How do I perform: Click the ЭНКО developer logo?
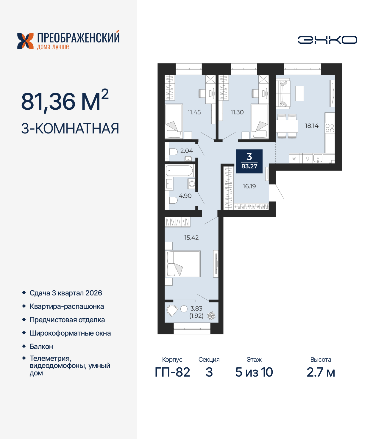pos(327,40)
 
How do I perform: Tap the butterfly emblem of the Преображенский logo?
pos(25,41)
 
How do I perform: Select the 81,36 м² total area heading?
pos(65,100)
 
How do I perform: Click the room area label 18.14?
pos(312,126)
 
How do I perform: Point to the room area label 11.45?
pos(194,112)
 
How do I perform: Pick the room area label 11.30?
pos(237,112)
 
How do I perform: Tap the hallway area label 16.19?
pos(249,186)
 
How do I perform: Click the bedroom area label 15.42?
pos(191,237)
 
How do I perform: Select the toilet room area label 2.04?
pos(187,151)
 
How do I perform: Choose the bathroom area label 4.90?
pos(185,196)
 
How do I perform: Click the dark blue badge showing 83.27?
pos(249,161)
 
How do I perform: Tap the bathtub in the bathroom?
pos(179,171)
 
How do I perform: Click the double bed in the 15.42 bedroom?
pos(183,264)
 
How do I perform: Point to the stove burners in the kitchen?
pos(330,128)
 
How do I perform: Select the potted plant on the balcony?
pos(211,316)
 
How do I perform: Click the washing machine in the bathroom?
pos(191,183)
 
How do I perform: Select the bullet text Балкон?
pos(41,347)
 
